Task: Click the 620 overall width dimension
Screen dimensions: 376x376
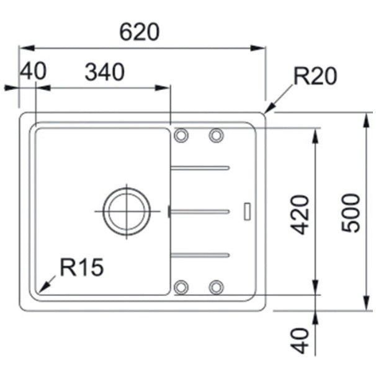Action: pos(139,32)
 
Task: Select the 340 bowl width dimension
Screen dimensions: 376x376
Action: pos(105,72)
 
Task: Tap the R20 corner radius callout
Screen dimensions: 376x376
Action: pos(315,76)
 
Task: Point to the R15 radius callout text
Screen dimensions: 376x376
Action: pos(81,267)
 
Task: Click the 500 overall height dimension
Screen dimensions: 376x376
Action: pos(351,213)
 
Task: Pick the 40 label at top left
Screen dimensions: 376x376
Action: pos(33,71)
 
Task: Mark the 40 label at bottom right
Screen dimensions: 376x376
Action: pos(299,341)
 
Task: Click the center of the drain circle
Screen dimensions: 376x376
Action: pos(127,211)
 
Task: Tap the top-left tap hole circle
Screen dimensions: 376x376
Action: pos(181,135)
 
